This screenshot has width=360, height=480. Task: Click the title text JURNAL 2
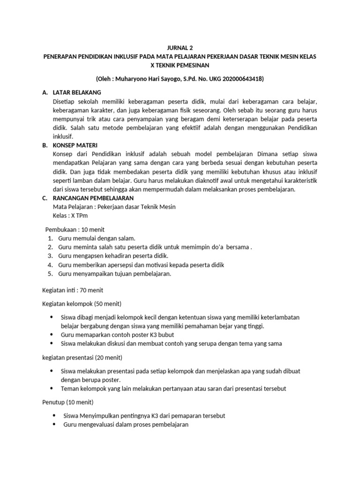[180, 48]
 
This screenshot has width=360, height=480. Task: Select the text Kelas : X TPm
[70, 216]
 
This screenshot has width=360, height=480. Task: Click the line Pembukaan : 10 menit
[75, 230]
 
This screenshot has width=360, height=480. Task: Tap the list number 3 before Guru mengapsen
[50, 256]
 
